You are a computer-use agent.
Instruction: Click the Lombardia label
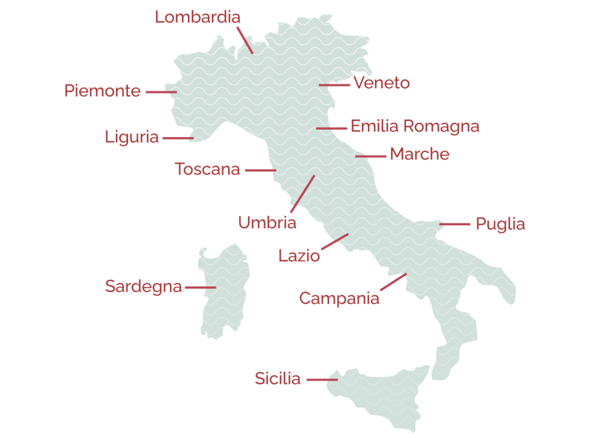coord(197,17)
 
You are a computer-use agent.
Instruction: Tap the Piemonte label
coord(103,91)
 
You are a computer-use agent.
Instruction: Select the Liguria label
coord(132,137)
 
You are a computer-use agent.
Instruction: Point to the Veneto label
coord(381,83)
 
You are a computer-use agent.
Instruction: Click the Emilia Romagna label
coord(415,126)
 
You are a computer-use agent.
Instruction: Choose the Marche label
coord(419,154)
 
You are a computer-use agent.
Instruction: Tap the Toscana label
coord(207,169)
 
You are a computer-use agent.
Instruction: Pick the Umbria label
coord(267,223)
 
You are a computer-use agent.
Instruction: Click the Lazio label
coord(299,255)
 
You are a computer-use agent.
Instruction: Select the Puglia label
coord(500,224)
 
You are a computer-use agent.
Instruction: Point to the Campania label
coord(339,299)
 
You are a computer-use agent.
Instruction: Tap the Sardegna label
coord(143,286)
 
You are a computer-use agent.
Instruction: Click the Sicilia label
coord(278,379)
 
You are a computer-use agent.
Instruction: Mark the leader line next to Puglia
coord(456,224)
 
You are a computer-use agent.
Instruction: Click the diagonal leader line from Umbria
coord(302,194)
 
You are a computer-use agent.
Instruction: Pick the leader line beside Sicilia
coord(321,380)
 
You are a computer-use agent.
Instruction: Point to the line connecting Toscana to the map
coord(260,170)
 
